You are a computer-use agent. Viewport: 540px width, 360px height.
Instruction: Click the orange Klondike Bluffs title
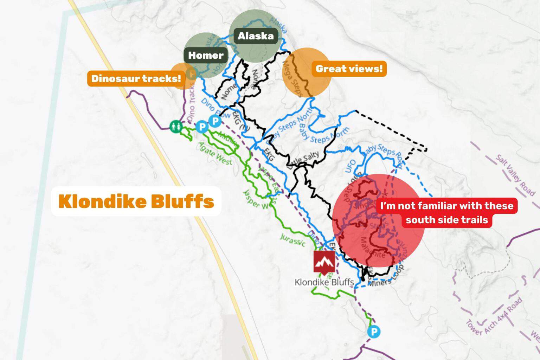tap(136, 201)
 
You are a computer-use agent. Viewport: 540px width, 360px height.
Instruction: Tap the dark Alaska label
tap(256, 36)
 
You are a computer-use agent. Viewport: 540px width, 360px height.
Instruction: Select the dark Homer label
tap(206, 55)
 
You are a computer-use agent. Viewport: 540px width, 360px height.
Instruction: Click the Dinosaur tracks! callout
tap(136, 78)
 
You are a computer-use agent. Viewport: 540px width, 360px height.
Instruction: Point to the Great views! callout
tap(349, 69)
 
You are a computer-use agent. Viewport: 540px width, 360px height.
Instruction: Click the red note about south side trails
tap(447, 213)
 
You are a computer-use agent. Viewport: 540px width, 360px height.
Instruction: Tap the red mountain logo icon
tap(324, 262)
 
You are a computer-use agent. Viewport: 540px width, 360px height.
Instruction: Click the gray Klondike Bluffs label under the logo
tap(324, 282)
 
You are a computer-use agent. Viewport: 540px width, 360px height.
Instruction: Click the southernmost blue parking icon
tap(373, 332)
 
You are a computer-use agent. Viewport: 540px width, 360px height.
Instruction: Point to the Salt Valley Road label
tap(515, 175)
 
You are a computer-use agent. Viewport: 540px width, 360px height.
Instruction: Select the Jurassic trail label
tap(292, 240)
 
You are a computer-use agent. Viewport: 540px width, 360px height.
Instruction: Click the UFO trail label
tap(351, 166)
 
